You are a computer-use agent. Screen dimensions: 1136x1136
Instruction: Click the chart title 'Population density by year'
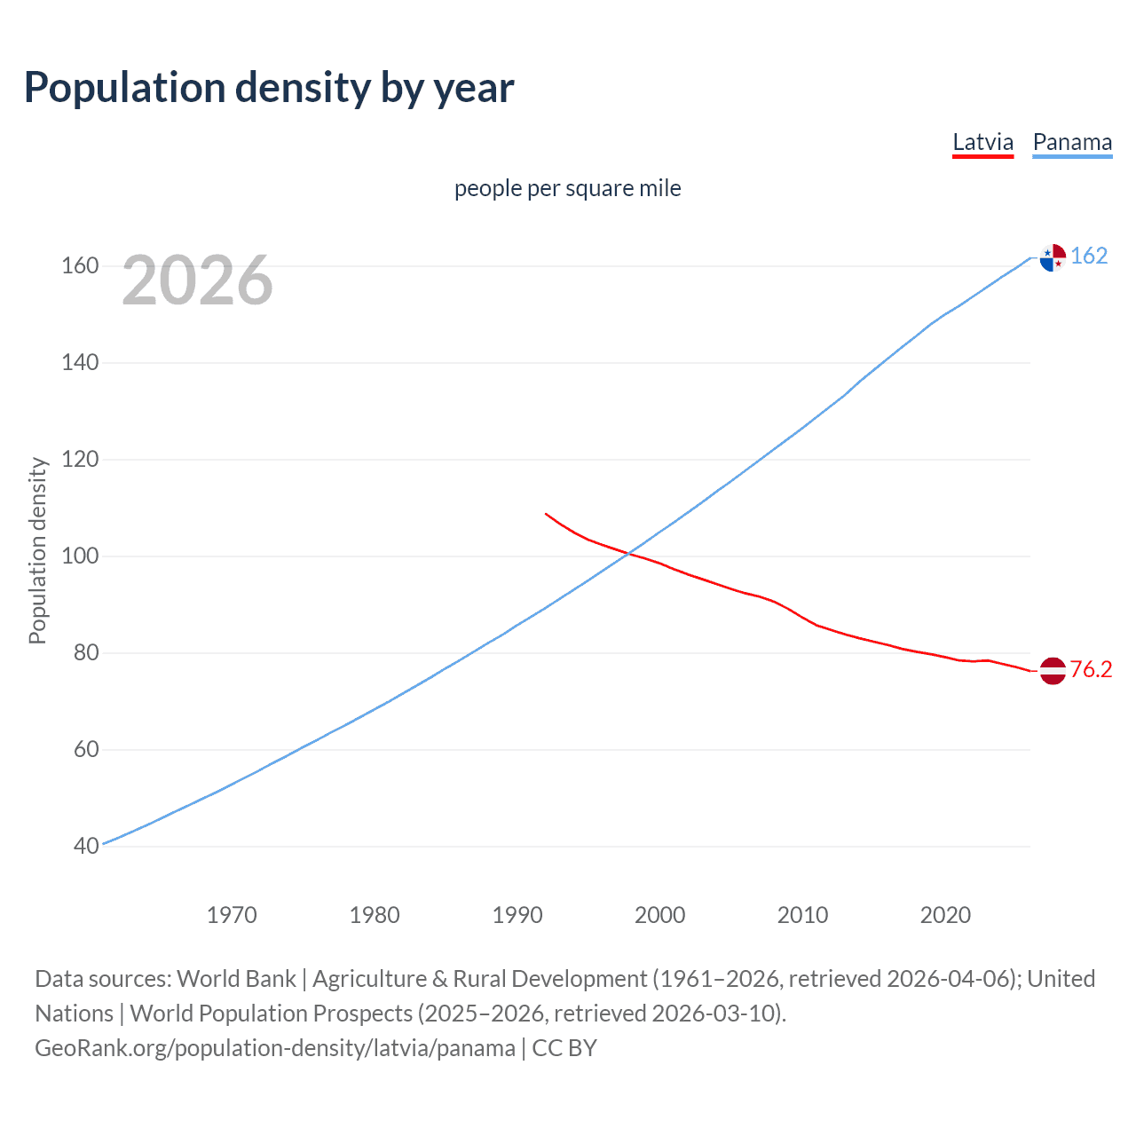pyautogui.click(x=269, y=88)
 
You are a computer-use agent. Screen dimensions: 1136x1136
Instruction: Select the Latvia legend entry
pyautogui.click(x=982, y=143)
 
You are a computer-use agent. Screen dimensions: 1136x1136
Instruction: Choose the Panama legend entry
pyautogui.click(x=1072, y=143)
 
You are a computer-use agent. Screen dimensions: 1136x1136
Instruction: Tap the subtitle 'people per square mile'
pyautogui.click(x=568, y=188)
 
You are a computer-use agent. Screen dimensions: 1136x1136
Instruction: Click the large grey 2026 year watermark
pyautogui.click(x=197, y=280)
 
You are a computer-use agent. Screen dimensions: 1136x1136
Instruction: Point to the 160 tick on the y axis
pyautogui.click(x=80, y=266)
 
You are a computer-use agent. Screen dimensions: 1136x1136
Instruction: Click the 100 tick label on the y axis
pyautogui.click(x=80, y=556)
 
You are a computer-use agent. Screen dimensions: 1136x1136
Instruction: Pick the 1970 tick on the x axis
pyautogui.click(x=232, y=915)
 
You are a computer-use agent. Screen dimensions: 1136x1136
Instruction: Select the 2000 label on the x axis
pyautogui.click(x=659, y=915)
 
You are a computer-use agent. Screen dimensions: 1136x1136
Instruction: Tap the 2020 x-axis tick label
pyautogui.click(x=945, y=915)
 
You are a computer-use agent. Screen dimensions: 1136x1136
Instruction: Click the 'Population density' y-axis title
pyautogui.click(x=37, y=550)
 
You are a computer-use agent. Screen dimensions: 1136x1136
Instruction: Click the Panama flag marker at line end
pyautogui.click(x=1053, y=257)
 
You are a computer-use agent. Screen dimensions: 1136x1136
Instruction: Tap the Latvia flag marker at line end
pyautogui.click(x=1053, y=671)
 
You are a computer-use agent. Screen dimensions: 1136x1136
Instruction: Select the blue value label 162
pyautogui.click(x=1089, y=256)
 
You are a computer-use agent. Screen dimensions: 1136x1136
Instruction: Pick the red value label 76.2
pyautogui.click(x=1091, y=669)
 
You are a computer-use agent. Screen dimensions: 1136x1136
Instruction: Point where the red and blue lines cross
pyautogui.click(x=628, y=554)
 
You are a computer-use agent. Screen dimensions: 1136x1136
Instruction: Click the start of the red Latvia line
pyautogui.click(x=546, y=514)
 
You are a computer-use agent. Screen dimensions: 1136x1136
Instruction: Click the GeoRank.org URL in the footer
pyautogui.click(x=275, y=1048)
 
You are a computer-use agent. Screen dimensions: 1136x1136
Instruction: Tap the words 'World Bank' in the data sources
pyautogui.click(x=236, y=979)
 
